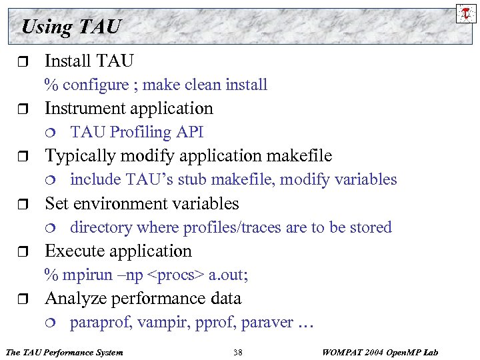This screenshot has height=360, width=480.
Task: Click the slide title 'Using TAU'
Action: [71, 27]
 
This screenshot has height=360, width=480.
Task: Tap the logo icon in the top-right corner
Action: [465, 12]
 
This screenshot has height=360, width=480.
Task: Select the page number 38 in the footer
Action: [238, 351]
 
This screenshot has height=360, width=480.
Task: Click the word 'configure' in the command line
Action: [95, 85]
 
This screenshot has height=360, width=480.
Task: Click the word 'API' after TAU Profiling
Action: [190, 132]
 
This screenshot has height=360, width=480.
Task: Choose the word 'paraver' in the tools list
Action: [267, 323]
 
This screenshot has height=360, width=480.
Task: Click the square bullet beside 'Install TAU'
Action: [25, 62]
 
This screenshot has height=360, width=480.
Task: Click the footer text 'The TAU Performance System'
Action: [64, 351]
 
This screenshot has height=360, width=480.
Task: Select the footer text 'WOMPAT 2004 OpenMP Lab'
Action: [380, 351]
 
